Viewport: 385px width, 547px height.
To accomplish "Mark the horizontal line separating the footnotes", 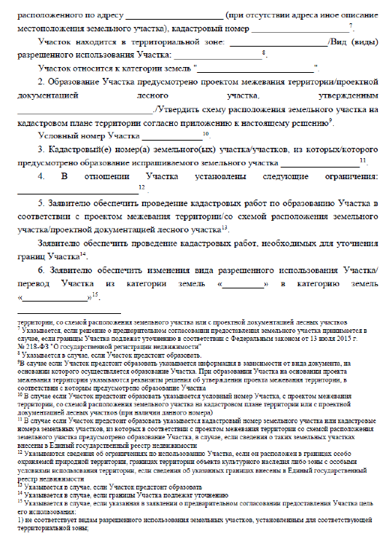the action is (x=69, y=312).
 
